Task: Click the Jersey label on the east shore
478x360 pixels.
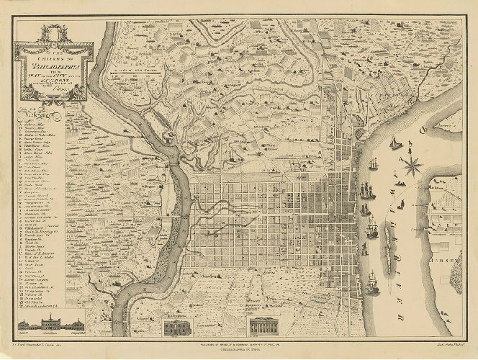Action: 453,258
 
